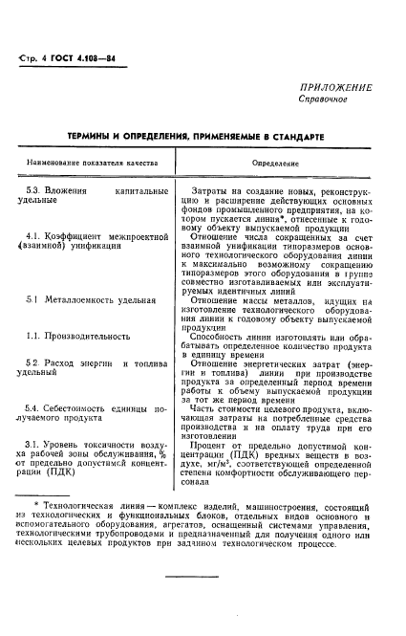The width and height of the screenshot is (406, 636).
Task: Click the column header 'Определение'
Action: [x=274, y=164]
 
